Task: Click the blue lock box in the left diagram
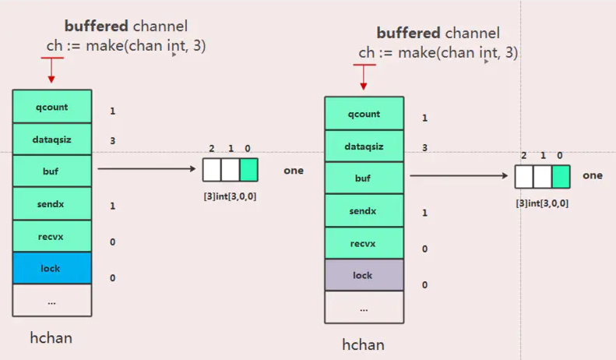(x=51, y=268)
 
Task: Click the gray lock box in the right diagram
(x=364, y=275)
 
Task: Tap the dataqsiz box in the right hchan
(x=364, y=146)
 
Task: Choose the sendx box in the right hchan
(x=364, y=210)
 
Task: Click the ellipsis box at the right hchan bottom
(x=364, y=308)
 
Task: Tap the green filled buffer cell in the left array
(x=248, y=170)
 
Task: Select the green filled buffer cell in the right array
(x=561, y=177)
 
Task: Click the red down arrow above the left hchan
(x=51, y=71)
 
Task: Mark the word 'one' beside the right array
(x=593, y=175)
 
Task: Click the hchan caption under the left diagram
(x=51, y=337)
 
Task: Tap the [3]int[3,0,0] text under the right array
(x=542, y=203)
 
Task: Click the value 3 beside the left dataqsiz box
(x=113, y=141)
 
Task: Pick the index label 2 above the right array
(x=523, y=156)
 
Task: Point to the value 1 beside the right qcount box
(x=424, y=118)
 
